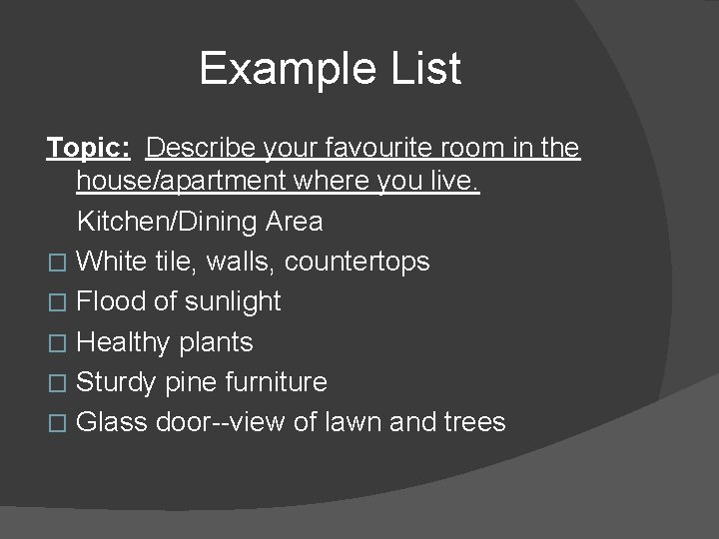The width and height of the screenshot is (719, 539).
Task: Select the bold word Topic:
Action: [88, 149]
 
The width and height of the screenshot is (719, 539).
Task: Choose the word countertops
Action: [357, 262]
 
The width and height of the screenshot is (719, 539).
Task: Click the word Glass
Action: [112, 422]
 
